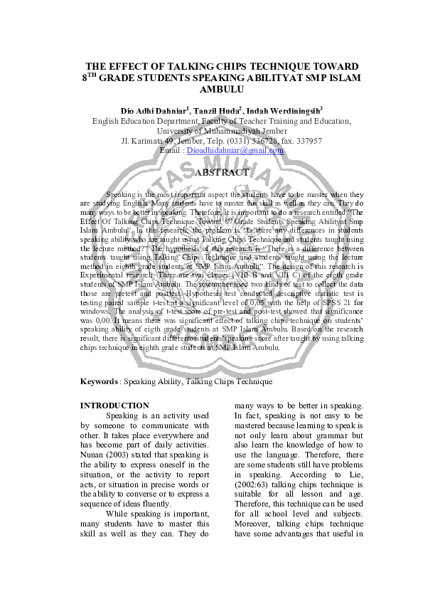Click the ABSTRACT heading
pyautogui.click(x=222, y=172)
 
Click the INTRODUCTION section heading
pyautogui.click(x=114, y=405)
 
